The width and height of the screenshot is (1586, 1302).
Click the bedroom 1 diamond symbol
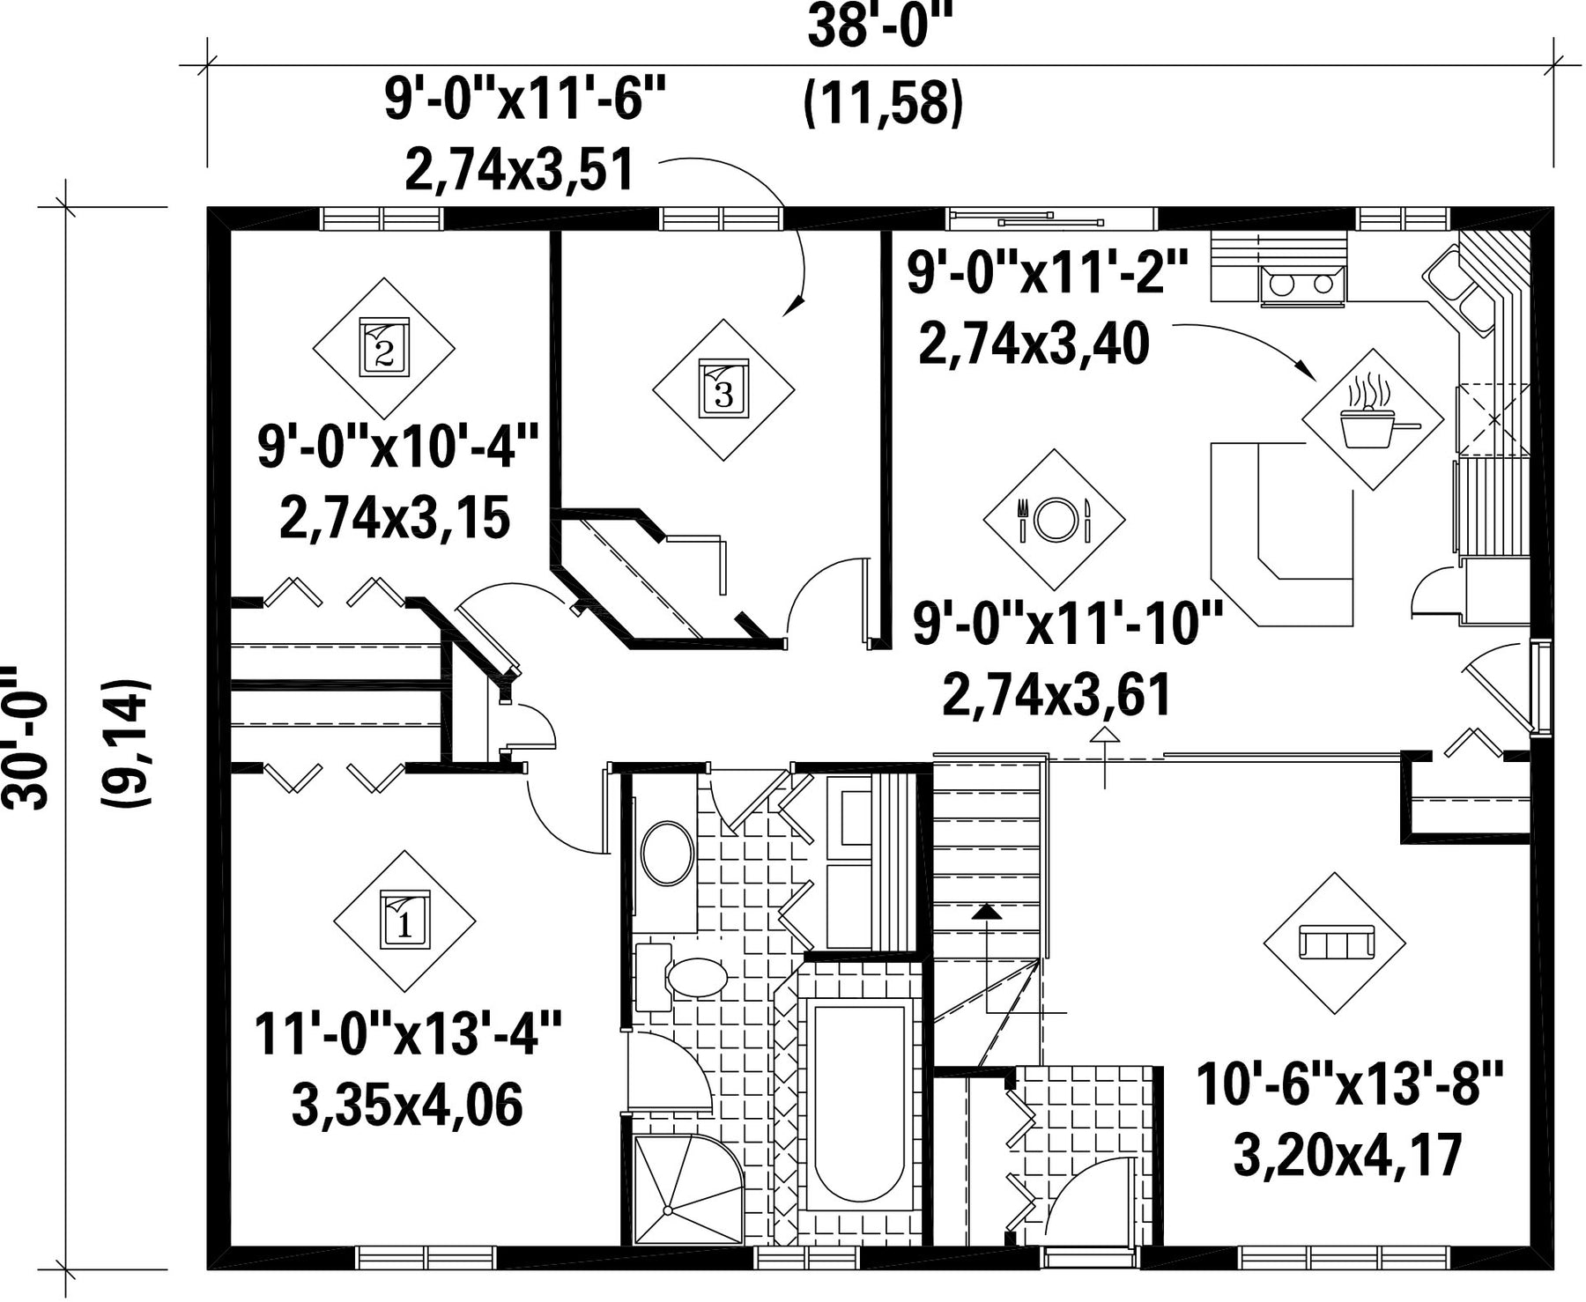coord(404,921)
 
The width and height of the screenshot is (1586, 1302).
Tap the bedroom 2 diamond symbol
coord(384,348)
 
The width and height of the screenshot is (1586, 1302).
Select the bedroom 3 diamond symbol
coord(723,389)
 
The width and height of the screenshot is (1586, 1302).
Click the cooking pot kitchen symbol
coord(1374,419)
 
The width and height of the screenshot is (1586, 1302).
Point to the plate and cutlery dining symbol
coord(1054,520)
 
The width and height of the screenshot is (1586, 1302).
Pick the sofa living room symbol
coord(1335,943)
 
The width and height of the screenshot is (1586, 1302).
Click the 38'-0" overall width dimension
coord(882,28)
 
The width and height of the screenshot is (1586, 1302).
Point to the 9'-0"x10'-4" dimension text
coord(396,447)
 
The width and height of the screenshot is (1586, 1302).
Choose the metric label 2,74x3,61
coord(1056,695)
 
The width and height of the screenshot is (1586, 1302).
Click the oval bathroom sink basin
coord(668,853)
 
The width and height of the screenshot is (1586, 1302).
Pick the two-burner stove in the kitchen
coord(1303,285)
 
